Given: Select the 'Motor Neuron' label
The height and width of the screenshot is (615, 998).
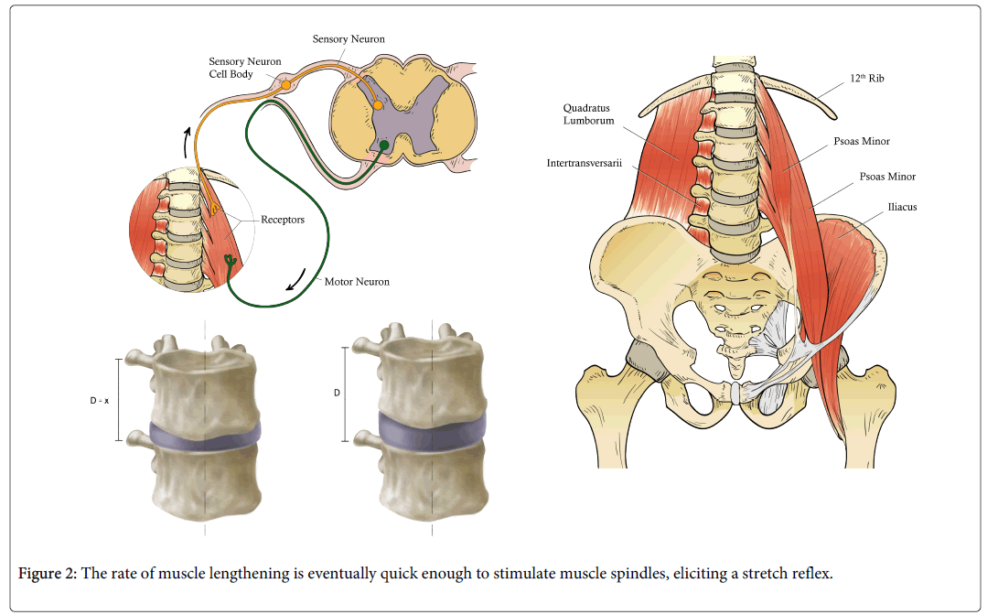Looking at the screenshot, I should coord(357,282).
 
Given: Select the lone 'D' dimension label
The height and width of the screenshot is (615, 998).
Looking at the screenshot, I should coord(337,393).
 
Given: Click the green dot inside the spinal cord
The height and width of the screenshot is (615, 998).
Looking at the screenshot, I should coord(384,144).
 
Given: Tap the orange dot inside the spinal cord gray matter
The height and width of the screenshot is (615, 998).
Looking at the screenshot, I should coord(378,106).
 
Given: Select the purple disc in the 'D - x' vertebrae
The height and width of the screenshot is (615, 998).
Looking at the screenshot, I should coord(204,437).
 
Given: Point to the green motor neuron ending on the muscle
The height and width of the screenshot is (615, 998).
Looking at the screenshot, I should coord(229,262).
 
